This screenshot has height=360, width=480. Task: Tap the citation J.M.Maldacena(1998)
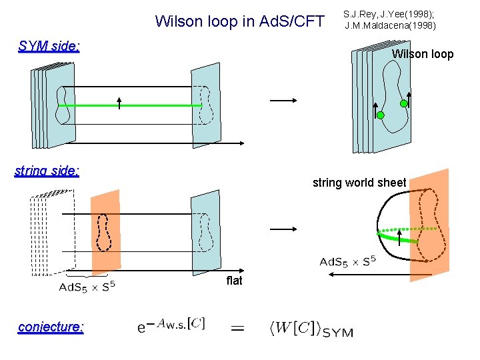390,26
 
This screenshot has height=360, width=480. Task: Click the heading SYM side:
49,46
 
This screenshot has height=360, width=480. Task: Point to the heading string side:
47,171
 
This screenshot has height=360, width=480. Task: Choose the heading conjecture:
51,327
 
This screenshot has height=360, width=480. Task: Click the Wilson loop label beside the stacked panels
422,54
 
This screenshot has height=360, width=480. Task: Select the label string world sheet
359,183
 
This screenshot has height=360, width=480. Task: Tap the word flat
234,281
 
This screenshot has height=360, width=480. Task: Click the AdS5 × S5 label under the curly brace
87,287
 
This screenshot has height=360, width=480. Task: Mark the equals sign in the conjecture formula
237,328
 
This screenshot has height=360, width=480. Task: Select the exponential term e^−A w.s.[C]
171,326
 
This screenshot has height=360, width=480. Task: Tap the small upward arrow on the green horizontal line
119,103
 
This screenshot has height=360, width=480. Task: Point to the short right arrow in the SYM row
282,101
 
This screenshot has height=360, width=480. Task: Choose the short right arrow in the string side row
282,229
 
